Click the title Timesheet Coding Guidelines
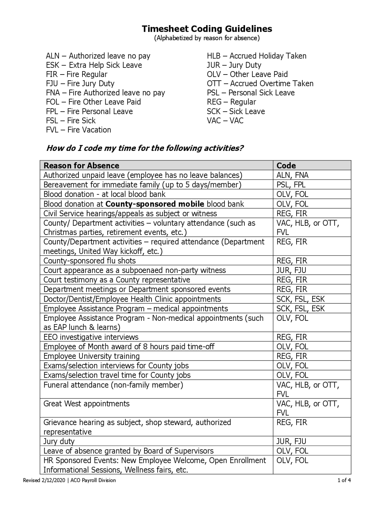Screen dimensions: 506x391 (x=207, y=29)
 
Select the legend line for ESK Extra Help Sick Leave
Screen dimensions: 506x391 (x=94, y=65)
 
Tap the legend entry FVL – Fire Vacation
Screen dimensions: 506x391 (x=79, y=130)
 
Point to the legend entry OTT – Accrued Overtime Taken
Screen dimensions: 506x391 (x=260, y=83)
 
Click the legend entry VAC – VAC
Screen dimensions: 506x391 (x=225, y=121)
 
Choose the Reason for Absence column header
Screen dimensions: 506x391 (x=81, y=166)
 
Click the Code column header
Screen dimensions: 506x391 (x=286, y=166)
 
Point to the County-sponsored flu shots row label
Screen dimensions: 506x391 (x=90, y=261)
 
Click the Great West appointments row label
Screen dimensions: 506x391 (x=86, y=404)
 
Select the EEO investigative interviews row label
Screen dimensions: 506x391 (x=91, y=337)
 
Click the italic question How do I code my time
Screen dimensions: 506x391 (x=145, y=148)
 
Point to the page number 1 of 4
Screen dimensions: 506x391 (x=344, y=480)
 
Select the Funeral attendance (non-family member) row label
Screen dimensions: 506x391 (x=113, y=385)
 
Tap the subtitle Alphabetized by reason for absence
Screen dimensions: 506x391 (x=207, y=38)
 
